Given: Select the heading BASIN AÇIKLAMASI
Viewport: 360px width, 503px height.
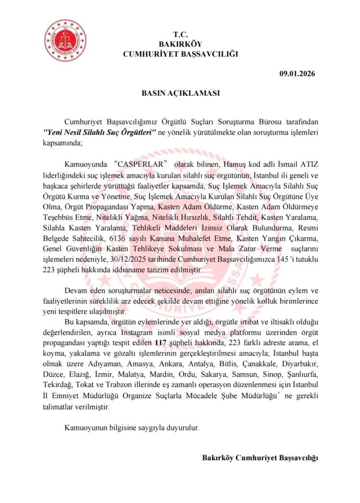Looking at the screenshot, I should tap(180, 93).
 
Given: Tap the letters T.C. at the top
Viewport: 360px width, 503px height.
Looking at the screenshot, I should tap(180, 35).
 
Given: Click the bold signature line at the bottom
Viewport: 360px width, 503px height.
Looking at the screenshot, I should tap(260, 457).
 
